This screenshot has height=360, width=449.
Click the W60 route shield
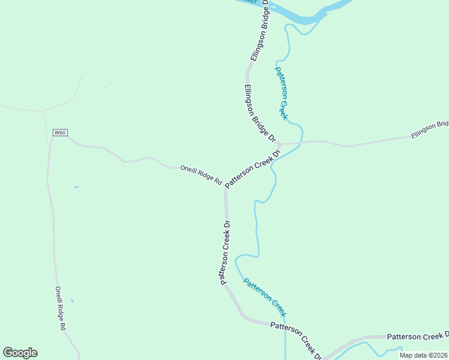59,133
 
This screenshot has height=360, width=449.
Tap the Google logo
20,353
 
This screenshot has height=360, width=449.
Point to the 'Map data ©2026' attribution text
423,355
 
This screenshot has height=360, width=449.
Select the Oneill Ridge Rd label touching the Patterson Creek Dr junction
201,175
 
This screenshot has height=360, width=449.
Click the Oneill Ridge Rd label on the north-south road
60,308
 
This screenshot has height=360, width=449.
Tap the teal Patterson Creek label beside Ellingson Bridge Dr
282,92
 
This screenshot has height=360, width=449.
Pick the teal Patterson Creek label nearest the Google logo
265,297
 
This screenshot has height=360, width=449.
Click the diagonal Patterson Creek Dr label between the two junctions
253,170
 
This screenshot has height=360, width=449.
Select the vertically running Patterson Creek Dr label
225,252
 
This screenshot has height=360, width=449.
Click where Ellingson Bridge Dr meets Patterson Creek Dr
280,145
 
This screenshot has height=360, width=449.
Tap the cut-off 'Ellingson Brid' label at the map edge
430,130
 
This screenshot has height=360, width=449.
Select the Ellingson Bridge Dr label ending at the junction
259,113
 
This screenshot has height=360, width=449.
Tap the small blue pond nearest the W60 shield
76,187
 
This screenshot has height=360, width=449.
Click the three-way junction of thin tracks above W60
44,111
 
